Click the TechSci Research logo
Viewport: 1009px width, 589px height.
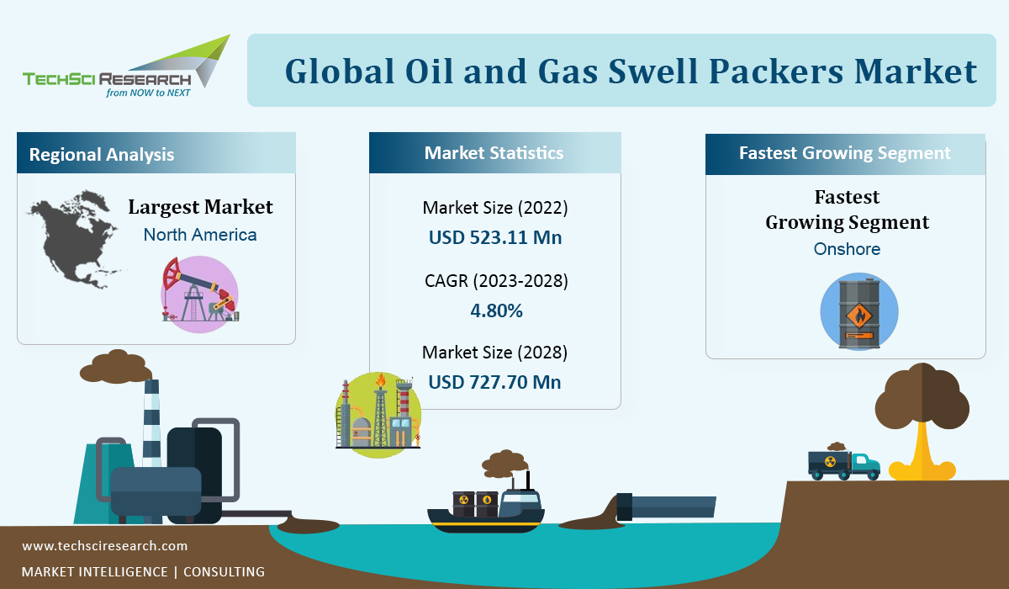(127, 66)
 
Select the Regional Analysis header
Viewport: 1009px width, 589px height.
(156, 153)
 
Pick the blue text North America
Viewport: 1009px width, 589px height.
(200, 235)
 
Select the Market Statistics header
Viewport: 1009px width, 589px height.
(495, 153)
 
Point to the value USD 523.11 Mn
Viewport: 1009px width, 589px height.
(495, 237)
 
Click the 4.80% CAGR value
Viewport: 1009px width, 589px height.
(496, 310)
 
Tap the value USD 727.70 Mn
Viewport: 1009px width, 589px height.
(494, 382)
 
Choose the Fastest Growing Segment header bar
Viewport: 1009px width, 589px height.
(846, 154)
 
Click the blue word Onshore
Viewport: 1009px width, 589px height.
(847, 249)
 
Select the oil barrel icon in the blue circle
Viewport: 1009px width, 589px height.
(859, 312)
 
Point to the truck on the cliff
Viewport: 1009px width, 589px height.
(843, 464)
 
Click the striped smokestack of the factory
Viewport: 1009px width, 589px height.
(152, 422)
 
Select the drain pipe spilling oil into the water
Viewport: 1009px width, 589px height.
(666, 507)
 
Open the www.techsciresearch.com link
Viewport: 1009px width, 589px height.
(104, 546)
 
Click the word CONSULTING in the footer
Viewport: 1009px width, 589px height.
(224, 571)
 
